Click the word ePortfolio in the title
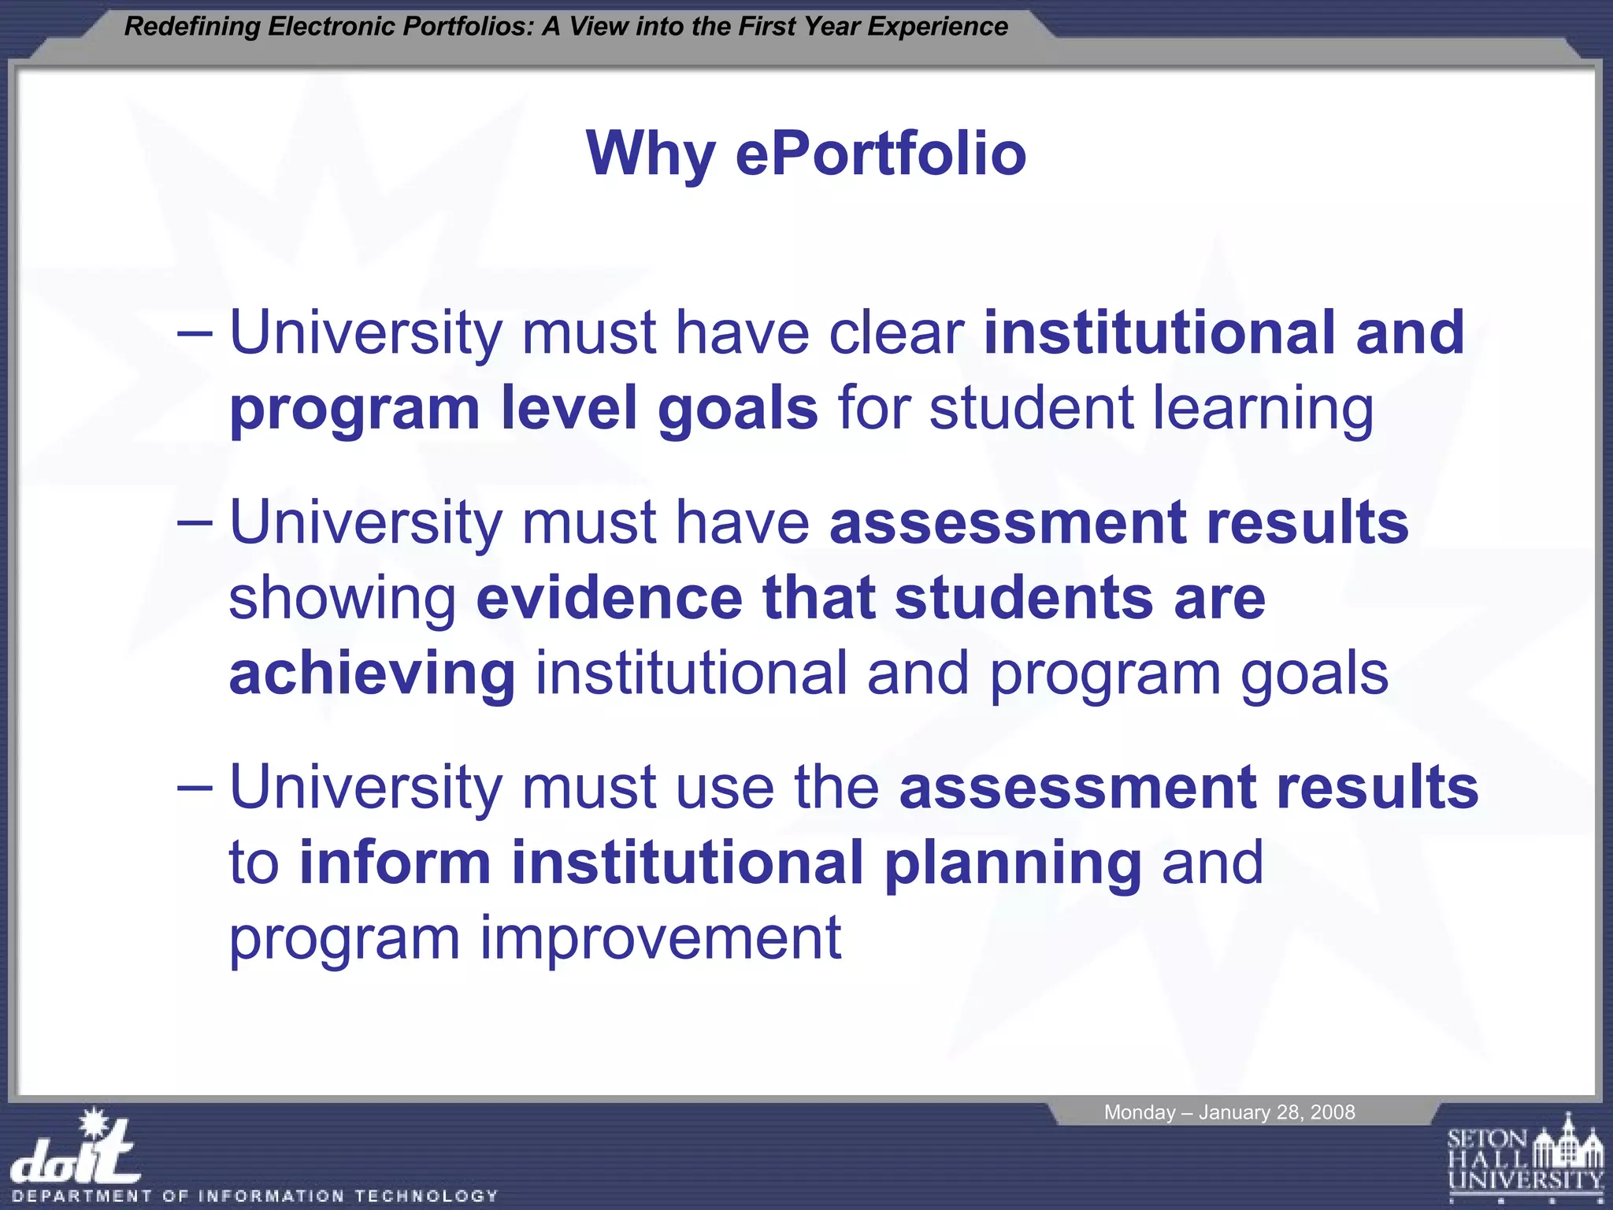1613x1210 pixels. pos(881,154)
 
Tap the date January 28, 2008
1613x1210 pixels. pos(1277,1112)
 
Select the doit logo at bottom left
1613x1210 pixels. pos(77,1151)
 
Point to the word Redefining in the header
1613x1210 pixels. pos(192,27)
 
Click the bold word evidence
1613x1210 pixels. pos(609,599)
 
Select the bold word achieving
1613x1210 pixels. pos(372,674)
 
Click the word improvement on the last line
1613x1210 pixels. pos(660,939)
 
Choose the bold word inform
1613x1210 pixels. pos(395,863)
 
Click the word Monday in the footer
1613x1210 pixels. pos(1139,1112)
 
